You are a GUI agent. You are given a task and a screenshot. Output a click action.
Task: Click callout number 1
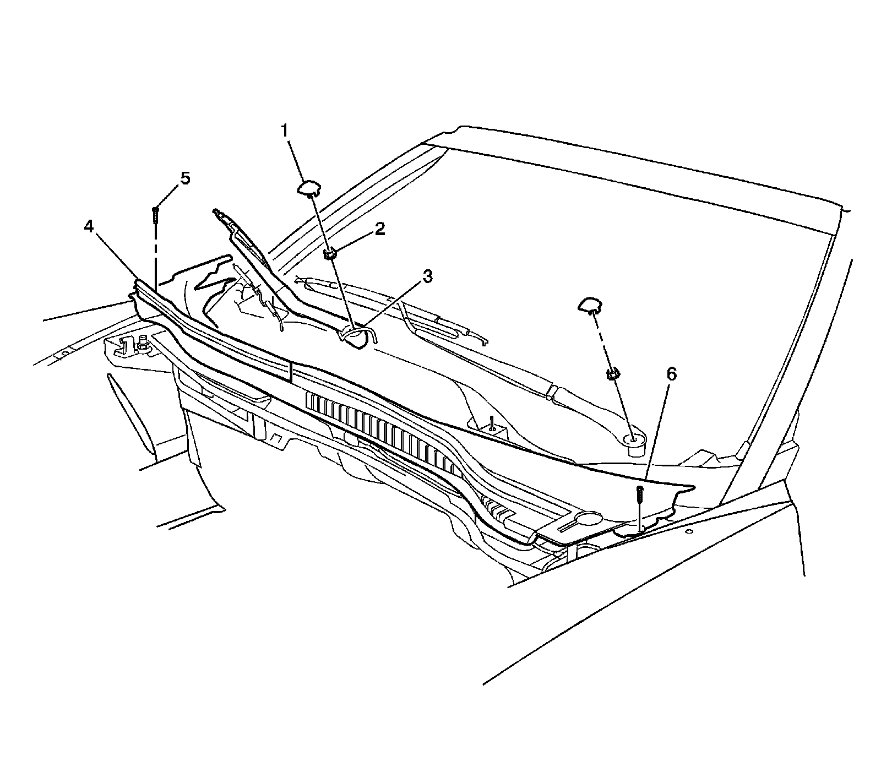(x=285, y=131)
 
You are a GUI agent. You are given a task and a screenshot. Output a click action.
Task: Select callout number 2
(x=380, y=229)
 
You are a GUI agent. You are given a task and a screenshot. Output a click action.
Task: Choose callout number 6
(x=671, y=374)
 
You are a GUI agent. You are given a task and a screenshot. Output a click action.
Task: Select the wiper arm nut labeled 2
(x=329, y=254)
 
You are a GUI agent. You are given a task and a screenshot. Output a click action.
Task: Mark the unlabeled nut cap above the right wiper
(x=590, y=303)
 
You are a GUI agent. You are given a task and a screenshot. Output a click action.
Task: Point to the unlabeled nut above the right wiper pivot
(x=612, y=374)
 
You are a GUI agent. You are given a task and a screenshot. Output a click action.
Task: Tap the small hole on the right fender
(x=688, y=532)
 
